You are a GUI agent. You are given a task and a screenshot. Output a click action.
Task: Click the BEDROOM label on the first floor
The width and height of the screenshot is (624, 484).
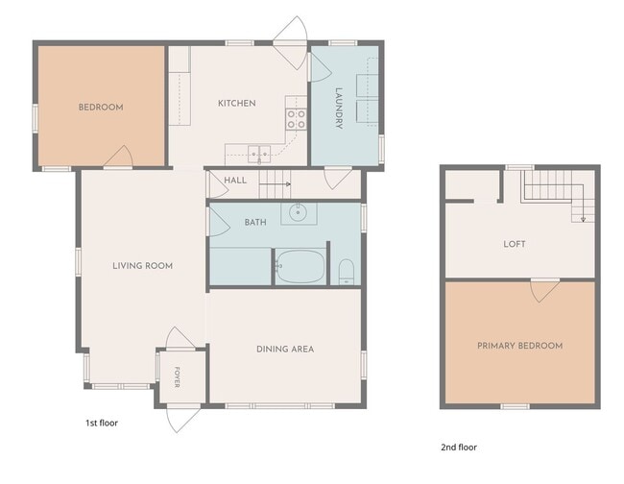click(101, 107)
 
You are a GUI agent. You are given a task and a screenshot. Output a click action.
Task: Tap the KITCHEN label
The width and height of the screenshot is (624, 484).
click(237, 103)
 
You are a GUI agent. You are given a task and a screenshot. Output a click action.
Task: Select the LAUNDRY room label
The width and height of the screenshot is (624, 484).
click(339, 109)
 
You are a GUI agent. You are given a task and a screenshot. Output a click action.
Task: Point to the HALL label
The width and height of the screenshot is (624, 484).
click(235, 181)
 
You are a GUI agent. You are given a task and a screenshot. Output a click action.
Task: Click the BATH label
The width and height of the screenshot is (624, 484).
click(255, 222)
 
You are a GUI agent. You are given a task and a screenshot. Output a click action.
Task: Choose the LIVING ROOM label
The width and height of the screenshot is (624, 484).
click(142, 265)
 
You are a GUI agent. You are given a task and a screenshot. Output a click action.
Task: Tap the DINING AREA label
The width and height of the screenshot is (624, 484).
click(285, 349)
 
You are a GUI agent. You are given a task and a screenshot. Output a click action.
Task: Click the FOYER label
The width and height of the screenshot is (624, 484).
click(177, 377)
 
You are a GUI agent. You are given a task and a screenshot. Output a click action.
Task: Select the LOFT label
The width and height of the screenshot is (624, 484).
click(515, 244)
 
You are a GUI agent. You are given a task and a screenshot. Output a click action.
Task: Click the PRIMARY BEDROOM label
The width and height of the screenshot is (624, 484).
click(519, 346)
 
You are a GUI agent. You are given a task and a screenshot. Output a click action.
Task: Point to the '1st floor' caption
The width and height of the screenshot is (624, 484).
click(102, 423)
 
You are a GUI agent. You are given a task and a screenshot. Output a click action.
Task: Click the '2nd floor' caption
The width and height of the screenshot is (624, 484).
click(459, 447)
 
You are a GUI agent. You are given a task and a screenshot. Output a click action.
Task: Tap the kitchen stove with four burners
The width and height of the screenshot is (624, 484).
click(297, 119)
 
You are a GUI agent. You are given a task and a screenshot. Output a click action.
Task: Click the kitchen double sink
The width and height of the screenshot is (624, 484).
click(259, 154)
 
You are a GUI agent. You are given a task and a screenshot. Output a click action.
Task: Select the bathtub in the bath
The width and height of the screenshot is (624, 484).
click(300, 266)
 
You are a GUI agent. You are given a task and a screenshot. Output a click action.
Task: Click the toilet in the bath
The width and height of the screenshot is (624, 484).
click(347, 272)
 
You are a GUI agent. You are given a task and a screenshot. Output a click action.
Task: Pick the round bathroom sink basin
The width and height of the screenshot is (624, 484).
click(297, 212)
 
